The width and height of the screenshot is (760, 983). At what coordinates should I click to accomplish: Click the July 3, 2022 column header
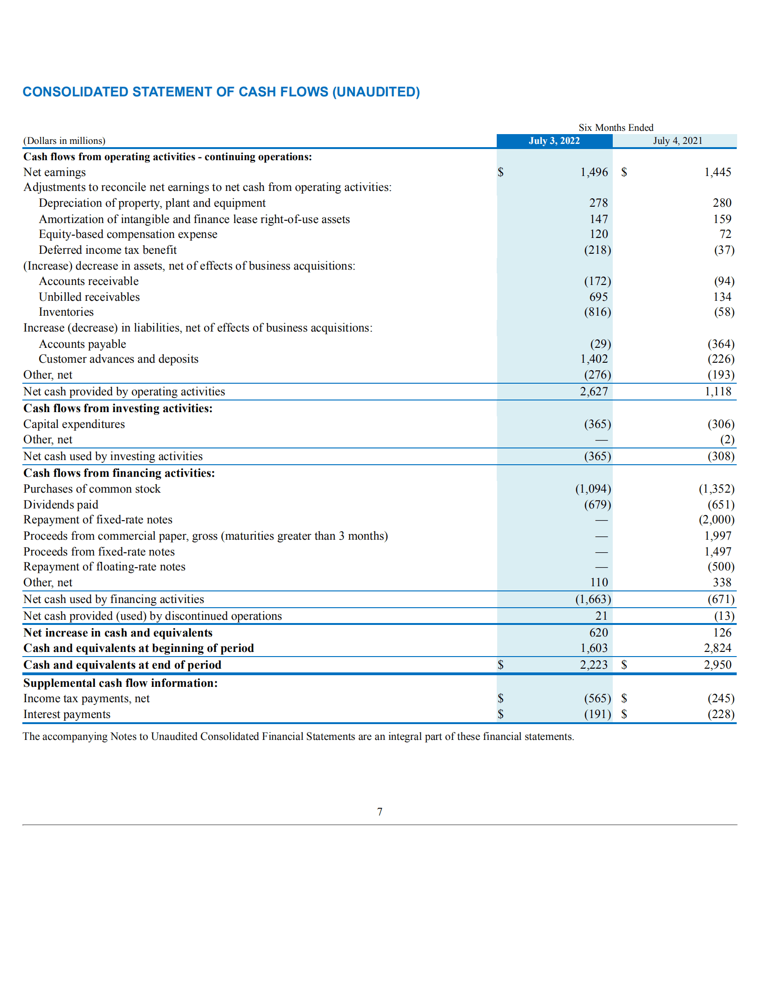pyautogui.click(x=554, y=141)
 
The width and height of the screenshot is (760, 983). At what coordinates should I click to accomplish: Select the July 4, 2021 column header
pyautogui.click(x=677, y=141)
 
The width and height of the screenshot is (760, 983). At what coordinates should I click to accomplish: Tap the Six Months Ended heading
pyautogui.click(x=616, y=128)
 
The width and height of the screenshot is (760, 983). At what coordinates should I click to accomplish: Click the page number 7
pyautogui.click(x=380, y=812)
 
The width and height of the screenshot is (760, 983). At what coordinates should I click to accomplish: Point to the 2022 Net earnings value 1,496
pyautogui.click(x=594, y=172)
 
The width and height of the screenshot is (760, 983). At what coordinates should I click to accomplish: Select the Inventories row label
pyautogui.click(x=66, y=312)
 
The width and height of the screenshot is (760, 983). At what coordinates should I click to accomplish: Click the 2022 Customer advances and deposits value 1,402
pyautogui.click(x=594, y=359)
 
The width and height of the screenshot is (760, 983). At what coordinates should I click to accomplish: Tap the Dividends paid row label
pyautogui.click(x=61, y=505)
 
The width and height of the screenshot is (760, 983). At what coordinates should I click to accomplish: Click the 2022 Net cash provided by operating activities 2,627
pyautogui.click(x=594, y=392)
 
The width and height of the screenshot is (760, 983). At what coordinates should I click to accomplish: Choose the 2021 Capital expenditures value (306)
pyautogui.click(x=720, y=424)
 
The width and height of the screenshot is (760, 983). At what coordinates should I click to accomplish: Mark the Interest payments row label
pyautogui.click(x=67, y=714)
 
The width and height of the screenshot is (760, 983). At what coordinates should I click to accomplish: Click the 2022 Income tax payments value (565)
pyautogui.click(x=597, y=698)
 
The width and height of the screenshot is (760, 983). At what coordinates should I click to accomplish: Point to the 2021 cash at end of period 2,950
pyautogui.click(x=717, y=665)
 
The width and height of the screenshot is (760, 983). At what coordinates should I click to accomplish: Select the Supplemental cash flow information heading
pyautogui.click(x=120, y=683)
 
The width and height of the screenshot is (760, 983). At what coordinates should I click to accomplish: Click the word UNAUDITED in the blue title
pyautogui.click(x=376, y=92)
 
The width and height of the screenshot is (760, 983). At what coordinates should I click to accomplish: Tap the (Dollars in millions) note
pyautogui.click(x=64, y=141)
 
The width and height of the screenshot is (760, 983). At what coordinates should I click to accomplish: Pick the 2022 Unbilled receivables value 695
pyautogui.click(x=598, y=297)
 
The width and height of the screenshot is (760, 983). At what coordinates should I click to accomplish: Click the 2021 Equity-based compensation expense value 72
pyautogui.click(x=725, y=234)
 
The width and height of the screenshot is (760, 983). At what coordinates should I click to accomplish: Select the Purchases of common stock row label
pyautogui.click(x=92, y=489)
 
